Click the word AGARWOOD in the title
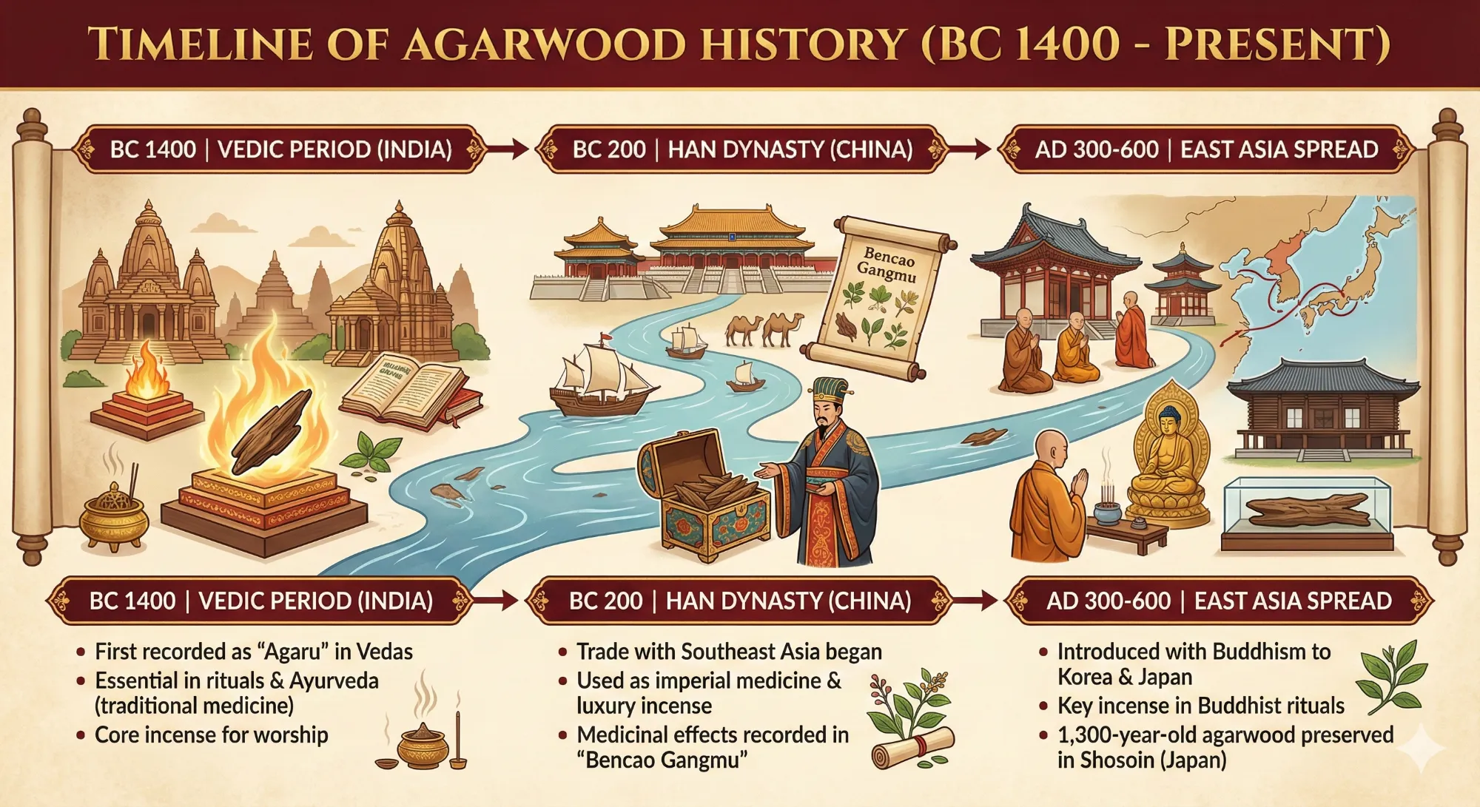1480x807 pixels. pos(544,44)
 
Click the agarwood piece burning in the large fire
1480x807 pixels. pos(272,430)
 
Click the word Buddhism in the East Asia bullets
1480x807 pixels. pos(1250,652)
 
